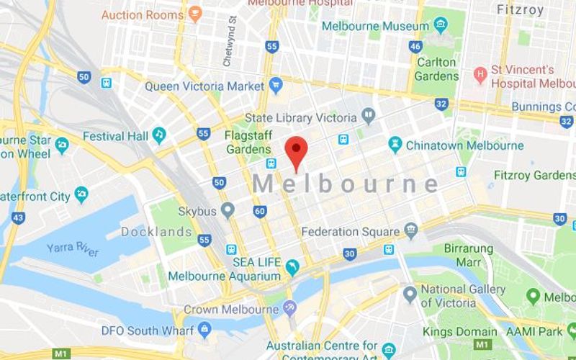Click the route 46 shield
click(x=415, y=46)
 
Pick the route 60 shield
click(x=260, y=211)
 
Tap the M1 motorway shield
click(x=61, y=354)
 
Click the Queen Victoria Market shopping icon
click(x=276, y=86)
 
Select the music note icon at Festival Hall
click(x=159, y=135)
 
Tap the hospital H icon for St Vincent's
click(x=480, y=75)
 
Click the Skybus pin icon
click(x=228, y=210)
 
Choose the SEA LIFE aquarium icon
click(x=292, y=269)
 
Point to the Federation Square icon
click(x=411, y=231)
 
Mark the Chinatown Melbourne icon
click(x=395, y=145)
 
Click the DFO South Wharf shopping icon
click(x=204, y=330)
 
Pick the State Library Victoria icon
click(x=369, y=117)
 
